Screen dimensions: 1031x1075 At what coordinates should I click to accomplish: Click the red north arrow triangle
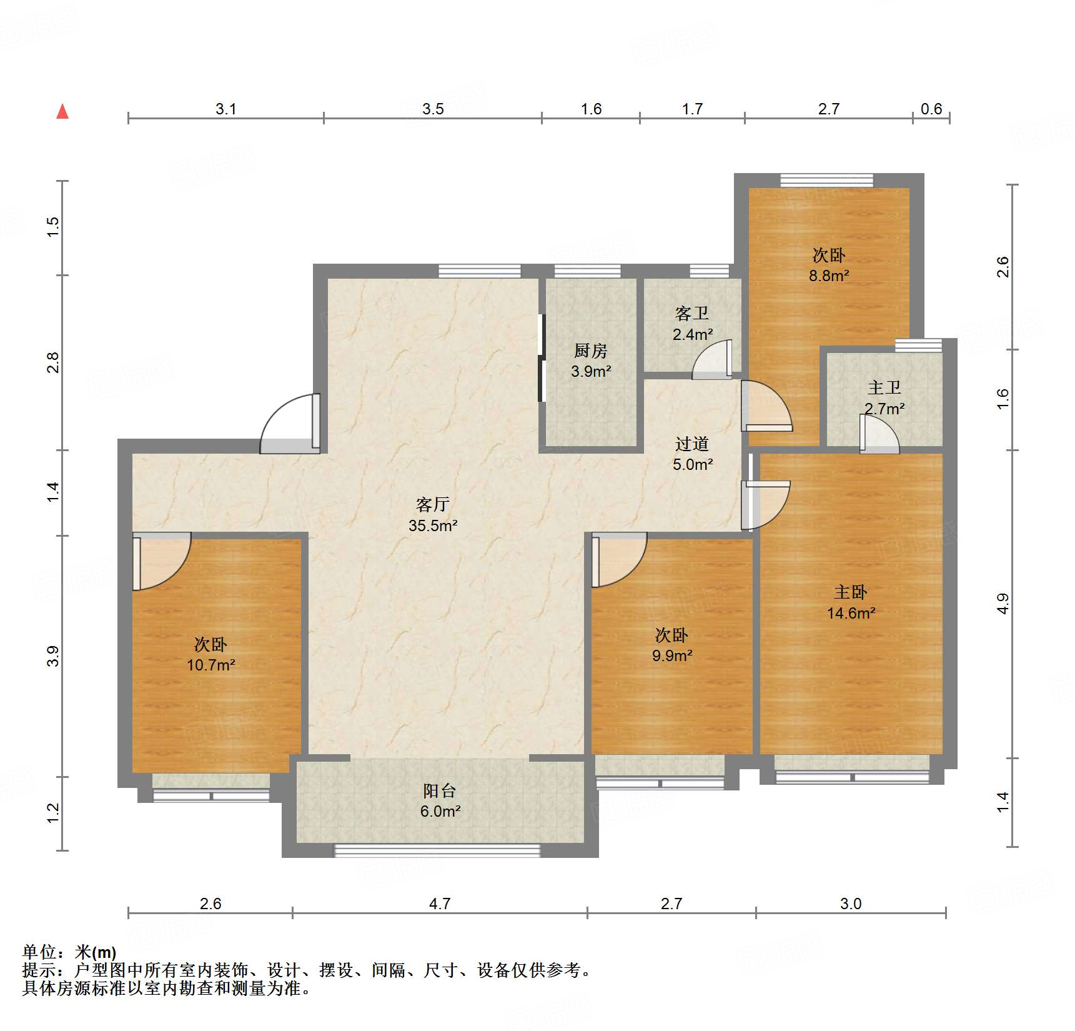(x=62, y=112)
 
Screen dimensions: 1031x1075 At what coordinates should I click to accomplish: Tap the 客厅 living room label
(x=432, y=504)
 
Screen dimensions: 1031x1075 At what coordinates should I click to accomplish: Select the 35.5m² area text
(x=433, y=525)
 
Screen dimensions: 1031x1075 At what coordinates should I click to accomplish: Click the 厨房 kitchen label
(x=590, y=351)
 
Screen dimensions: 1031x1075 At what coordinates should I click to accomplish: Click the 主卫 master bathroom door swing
(x=880, y=434)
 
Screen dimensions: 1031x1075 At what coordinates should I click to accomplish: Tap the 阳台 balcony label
(x=439, y=790)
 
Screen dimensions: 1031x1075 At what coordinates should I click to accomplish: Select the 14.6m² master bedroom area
(x=851, y=613)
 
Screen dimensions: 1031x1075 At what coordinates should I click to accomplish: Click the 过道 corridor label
(x=692, y=444)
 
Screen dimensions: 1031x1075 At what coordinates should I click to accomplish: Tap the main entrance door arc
(x=289, y=424)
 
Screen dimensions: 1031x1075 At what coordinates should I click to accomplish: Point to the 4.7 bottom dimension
(x=440, y=904)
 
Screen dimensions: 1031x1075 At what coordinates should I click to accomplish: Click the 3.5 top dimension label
(x=432, y=109)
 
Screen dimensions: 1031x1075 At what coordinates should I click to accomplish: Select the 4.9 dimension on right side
(x=1002, y=603)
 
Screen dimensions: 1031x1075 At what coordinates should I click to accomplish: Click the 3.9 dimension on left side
(x=53, y=655)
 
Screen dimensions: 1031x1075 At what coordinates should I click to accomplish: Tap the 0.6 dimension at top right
(x=931, y=109)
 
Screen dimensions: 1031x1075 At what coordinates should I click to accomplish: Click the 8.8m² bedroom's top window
(x=826, y=181)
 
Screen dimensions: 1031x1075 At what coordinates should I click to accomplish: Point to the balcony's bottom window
(x=437, y=850)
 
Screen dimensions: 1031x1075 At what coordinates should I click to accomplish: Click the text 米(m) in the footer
(x=95, y=952)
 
